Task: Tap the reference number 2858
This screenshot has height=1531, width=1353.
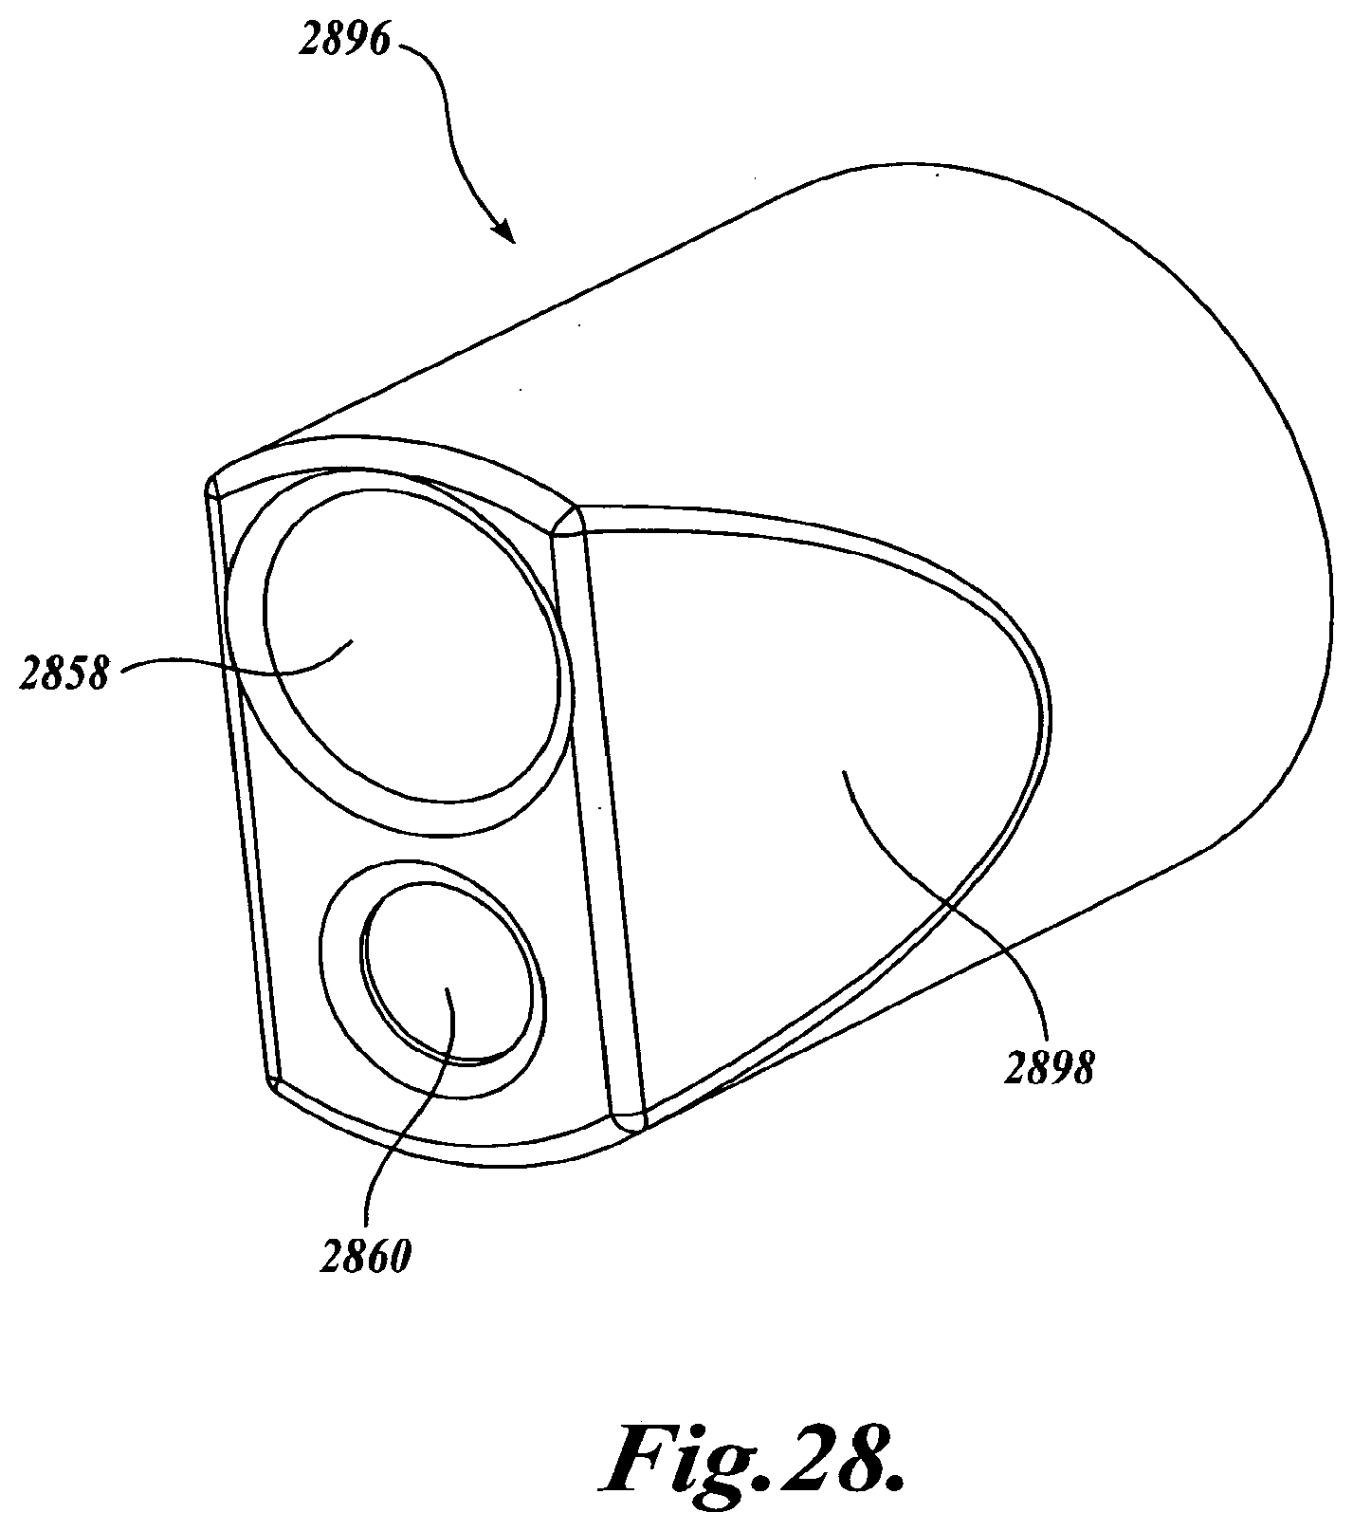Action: click(x=64, y=674)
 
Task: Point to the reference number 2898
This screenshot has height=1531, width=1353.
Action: click(x=1049, y=1069)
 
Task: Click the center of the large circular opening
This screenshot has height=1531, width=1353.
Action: click(x=408, y=645)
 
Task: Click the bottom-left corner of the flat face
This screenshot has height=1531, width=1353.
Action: click(x=272, y=1081)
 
